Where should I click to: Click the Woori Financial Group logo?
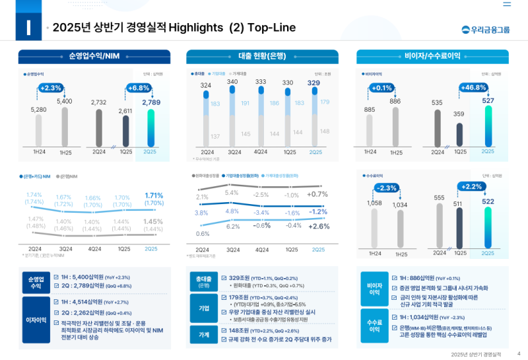click(486, 29)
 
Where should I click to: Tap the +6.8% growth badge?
click(138, 88)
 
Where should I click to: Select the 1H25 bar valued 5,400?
click(65, 126)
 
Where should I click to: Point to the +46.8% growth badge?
click(473, 88)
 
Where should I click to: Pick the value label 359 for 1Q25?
click(459, 114)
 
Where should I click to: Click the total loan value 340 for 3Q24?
click(232, 82)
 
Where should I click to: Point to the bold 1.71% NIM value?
click(153, 196)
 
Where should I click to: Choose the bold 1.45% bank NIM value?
click(152, 222)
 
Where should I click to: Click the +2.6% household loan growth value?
click(318, 226)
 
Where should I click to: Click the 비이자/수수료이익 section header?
click(432, 56)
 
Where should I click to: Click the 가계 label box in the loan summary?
click(204, 335)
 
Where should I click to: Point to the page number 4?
click(519, 353)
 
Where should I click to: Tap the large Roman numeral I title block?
click(28, 28)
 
